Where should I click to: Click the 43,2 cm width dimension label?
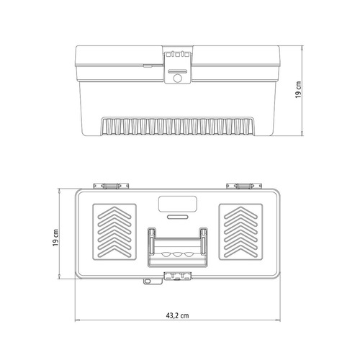coord(177,315)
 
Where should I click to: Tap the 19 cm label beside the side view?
coord(298,90)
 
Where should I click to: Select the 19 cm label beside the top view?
coord(55,238)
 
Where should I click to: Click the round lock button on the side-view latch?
coord(177,78)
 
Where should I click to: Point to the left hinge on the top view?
coord(111,186)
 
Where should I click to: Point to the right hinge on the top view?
coord(244,186)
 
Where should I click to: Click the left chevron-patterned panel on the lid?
coord(114,232)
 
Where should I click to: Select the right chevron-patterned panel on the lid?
coord(240,232)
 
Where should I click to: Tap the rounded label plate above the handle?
coord(178,204)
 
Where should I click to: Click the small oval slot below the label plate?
coord(177,217)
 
